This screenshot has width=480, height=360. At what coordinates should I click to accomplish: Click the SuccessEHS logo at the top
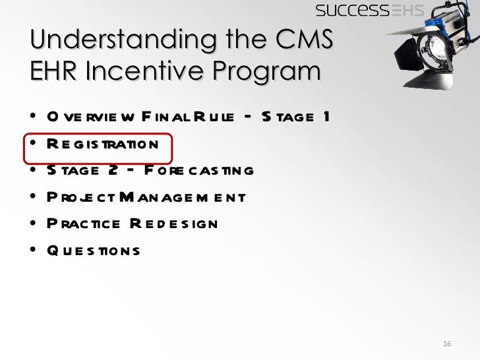pos(369,10)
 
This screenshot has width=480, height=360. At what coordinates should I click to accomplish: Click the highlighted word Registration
pos(102,144)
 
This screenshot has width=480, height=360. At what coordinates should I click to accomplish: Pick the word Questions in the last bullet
pos(93,251)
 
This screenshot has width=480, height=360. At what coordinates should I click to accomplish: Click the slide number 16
pos(446,345)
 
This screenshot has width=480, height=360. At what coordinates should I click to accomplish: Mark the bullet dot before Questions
pos(33,251)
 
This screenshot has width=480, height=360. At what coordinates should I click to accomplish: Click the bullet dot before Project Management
pos(33,197)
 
